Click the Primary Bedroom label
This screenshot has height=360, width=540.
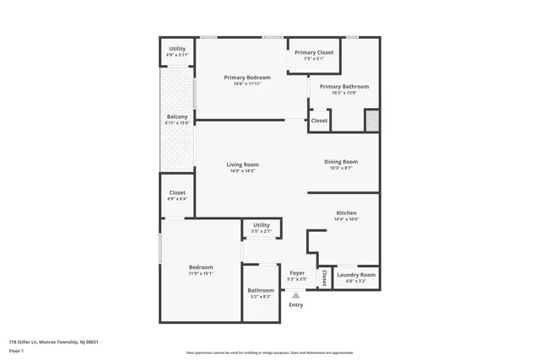coord(247,78)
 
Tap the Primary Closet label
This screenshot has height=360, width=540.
coord(314,52)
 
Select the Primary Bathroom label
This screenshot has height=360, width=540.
coord(344,86)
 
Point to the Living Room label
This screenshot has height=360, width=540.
coord(242,164)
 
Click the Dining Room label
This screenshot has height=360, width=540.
coord(341,162)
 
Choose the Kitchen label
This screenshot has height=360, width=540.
coord(346,212)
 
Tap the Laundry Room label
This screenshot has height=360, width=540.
coord(355,275)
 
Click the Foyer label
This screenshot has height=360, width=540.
coord(297,273)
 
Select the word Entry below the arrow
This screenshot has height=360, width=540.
coord(295,304)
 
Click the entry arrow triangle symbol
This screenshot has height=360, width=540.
coord(295,295)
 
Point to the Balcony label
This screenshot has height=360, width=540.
coord(177,116)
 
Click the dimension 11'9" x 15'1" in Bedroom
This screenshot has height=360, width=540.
coord(201,273)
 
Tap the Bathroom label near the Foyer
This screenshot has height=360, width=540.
coord(261,290)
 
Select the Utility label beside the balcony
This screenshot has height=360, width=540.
coord(177,49)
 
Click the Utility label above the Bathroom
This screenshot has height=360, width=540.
coord(261,225)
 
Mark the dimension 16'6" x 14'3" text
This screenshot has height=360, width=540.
coord(242,171)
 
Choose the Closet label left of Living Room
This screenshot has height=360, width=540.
coord(177,192)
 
